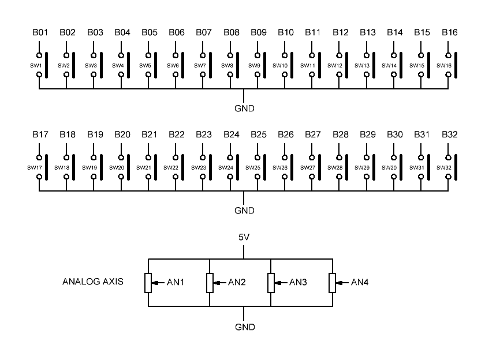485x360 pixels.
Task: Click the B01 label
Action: (40, 32)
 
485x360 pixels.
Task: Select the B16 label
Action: (449, 32)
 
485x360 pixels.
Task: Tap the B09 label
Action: (259, 32)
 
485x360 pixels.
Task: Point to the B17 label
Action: (40, 134)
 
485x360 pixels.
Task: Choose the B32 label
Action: (449, 134)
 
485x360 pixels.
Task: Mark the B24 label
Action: (231, 134)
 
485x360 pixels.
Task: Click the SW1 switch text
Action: (36, 66)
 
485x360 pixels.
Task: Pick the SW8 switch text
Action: (227, 66)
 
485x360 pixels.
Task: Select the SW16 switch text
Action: (444, 66)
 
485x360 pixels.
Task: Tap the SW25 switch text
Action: (253, 167)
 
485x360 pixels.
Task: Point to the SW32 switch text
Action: (444, 167)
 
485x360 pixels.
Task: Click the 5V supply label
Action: (245, 237)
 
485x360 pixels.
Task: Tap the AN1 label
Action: (176, 283)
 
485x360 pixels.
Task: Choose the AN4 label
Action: (360, 283)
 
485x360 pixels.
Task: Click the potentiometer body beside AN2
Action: (210, 283)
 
